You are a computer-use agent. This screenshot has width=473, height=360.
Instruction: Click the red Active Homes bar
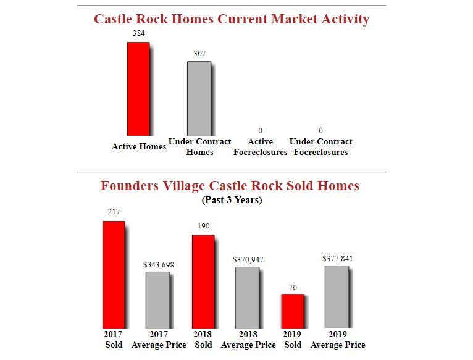tap(138, 89)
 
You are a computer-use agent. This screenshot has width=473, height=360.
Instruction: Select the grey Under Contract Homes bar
tap(199, 98)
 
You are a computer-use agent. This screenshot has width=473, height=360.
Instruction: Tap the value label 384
tap(139, 32)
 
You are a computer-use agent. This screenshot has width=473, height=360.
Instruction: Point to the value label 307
tap(199, 54)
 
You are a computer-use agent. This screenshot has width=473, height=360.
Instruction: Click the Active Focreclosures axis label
tap(260, 147)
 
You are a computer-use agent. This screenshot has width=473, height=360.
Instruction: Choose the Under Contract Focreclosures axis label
tap(320, 147)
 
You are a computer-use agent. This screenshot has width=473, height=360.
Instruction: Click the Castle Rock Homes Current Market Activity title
tap(232, 19)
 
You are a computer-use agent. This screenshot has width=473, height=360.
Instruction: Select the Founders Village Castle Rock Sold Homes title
tap(230, 186)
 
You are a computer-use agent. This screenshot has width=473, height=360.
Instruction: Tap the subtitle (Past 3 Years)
tap(232, 200)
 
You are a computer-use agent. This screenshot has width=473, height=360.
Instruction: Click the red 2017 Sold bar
tap(114, 274)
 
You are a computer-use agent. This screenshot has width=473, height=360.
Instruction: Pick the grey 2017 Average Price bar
tap(157, 299)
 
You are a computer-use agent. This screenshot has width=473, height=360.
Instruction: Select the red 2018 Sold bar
tap(203, 281)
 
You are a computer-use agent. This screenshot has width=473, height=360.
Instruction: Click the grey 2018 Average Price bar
tap(247, 297)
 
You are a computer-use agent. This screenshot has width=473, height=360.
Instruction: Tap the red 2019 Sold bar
tap(293, 311)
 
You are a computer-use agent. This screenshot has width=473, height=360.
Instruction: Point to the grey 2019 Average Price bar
tap(337, 296)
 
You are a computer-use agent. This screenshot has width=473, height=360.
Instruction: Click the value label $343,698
tap(159, 264)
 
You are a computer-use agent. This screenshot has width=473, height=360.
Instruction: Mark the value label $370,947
tap(248, 260)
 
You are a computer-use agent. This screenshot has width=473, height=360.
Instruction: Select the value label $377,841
tap(338, 258)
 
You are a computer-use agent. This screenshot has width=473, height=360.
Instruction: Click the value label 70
tap(293, 288)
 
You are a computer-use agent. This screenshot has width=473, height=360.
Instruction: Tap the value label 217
tap(114, 212)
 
